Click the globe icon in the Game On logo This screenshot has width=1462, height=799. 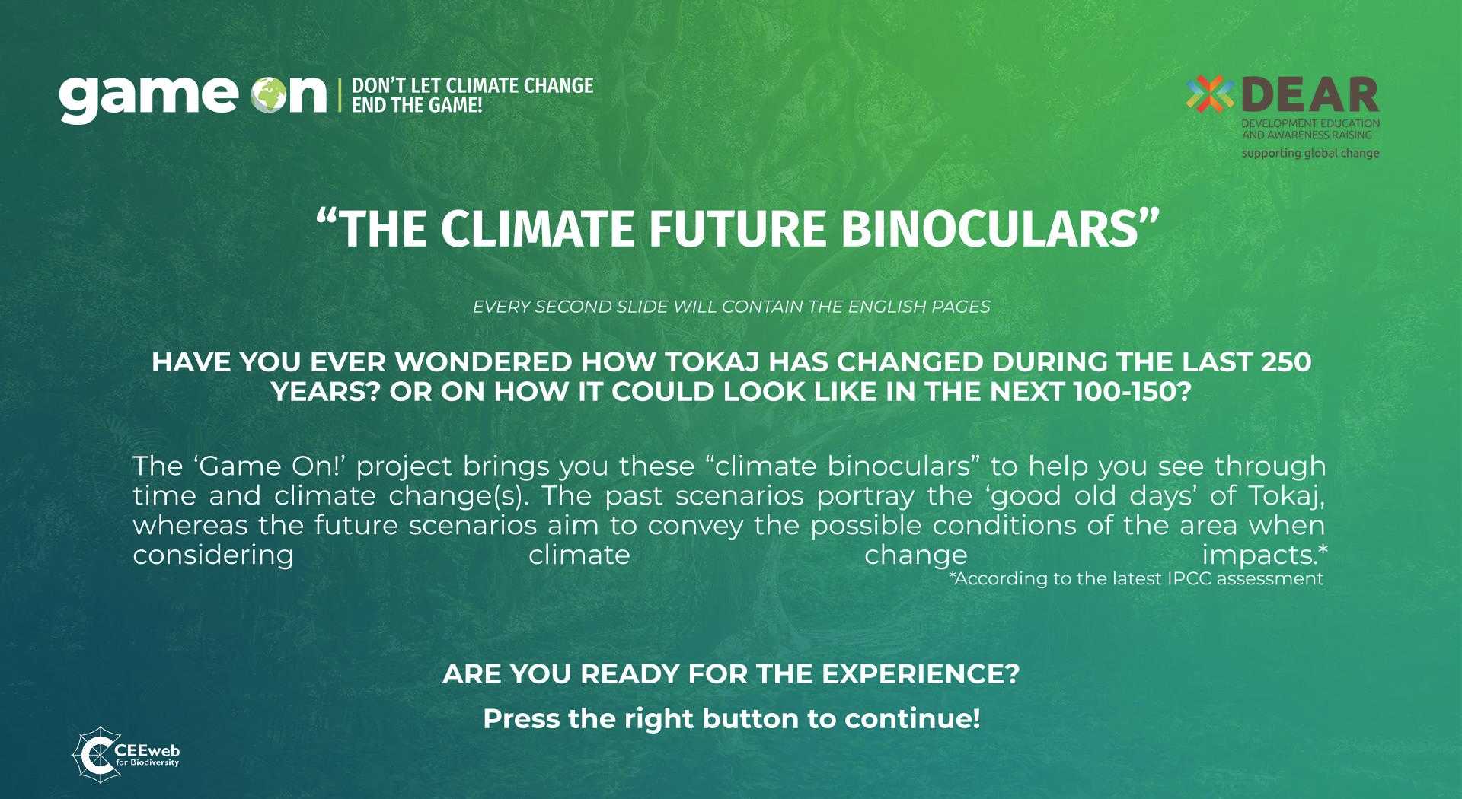(270, 97)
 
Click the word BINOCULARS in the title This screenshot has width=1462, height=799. (1000, 228)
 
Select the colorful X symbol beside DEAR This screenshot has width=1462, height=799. (1210, 94)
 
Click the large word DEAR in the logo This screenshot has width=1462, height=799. (1310, 94)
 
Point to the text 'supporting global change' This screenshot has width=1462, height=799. (1310, 153)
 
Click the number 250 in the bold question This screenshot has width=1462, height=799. (1285, 361)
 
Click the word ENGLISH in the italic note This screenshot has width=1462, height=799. (871, 307)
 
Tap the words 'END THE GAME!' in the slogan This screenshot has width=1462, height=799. (417, 106)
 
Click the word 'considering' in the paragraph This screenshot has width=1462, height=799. (213, 555)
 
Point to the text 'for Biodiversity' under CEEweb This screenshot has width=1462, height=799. (146, 762)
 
